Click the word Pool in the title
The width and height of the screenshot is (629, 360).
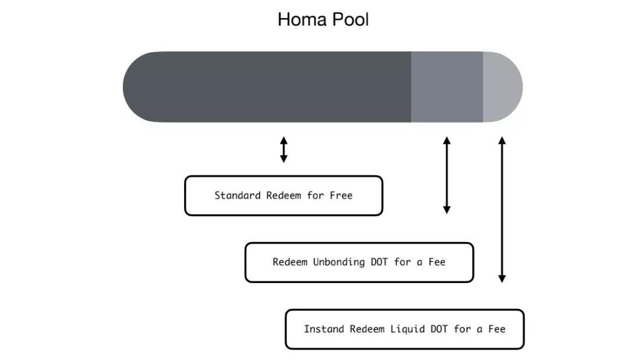click(x=350, y=19)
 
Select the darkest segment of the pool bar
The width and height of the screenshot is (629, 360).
click(x=268, y=87)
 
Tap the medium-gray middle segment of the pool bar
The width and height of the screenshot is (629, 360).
click(x=447, y=87)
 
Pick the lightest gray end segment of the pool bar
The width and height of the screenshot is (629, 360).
click(x=501, y=87)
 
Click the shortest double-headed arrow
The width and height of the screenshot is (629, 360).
click(x=284, y=150)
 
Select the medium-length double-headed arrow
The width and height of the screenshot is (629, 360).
click(x=447, y=175)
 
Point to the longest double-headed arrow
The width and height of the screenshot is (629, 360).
click(x=502, y=210)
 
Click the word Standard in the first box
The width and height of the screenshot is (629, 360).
click(x=237, y=196)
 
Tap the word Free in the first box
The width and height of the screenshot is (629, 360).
click(x=341, y=196)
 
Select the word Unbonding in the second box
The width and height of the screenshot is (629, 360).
click(x=339, y=262)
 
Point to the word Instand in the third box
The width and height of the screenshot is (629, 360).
click(x=324, y=329)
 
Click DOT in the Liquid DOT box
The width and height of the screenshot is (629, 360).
click(x=439, y=329)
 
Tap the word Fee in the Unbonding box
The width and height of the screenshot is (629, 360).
click(x=436, y=262)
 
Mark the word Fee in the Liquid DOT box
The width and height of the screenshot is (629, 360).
click(x=496, y=329)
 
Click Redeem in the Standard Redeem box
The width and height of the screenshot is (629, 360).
click(x=284, y=196)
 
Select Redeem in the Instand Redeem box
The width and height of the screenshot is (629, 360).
click(x=367, y=329)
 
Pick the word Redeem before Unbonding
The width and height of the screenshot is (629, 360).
click(x=289, y=262)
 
